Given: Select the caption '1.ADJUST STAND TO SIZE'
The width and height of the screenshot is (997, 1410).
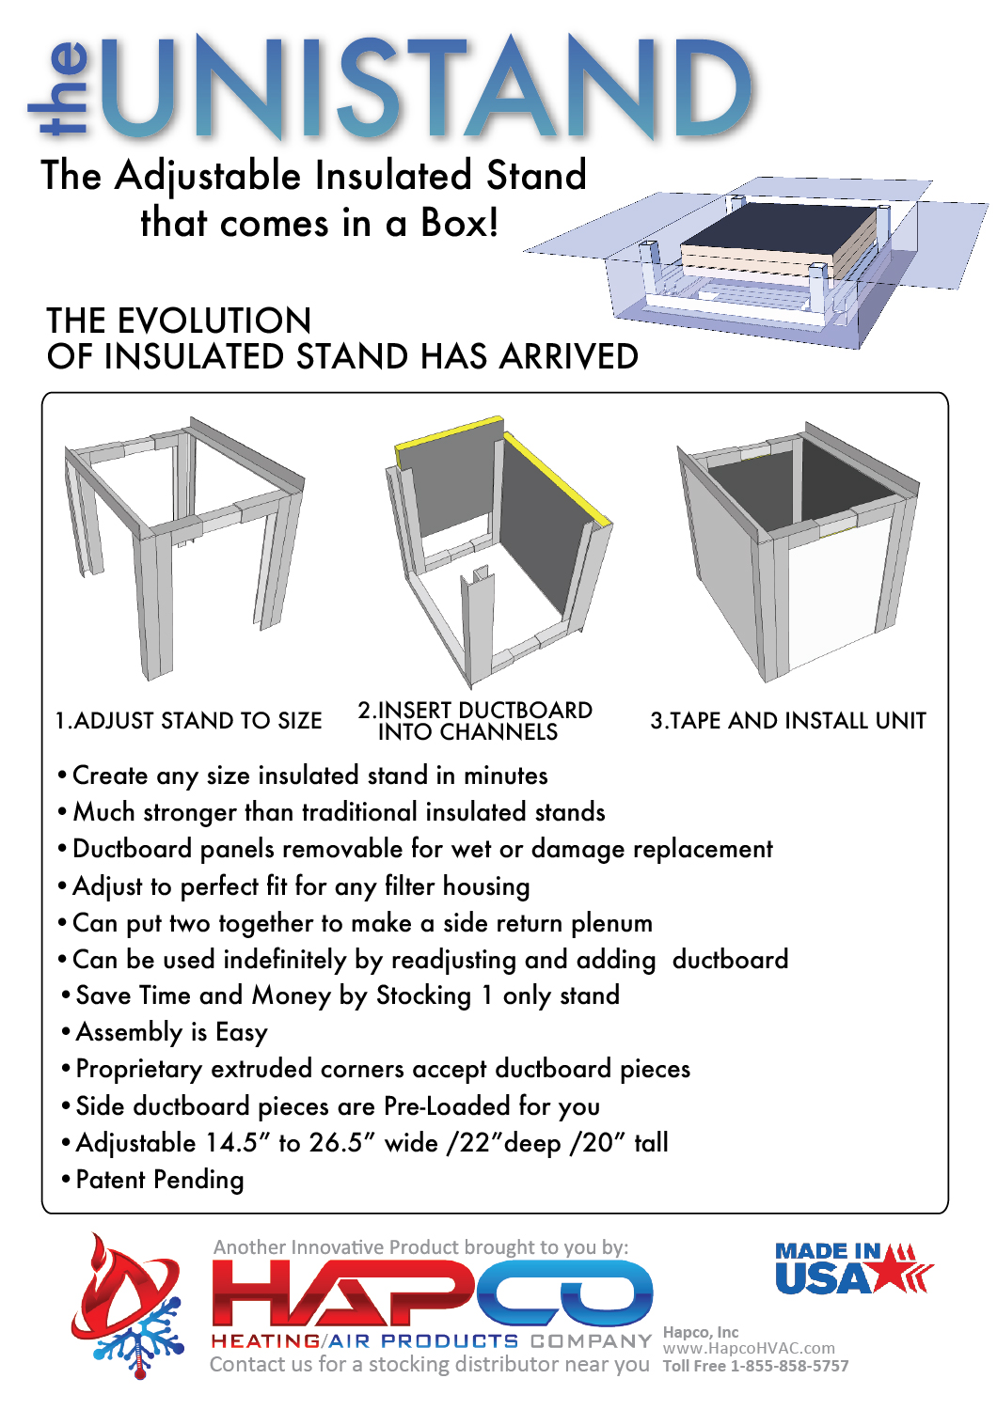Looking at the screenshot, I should point(188,721).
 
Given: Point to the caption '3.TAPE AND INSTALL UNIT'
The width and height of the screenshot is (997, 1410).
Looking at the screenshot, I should point(788,721).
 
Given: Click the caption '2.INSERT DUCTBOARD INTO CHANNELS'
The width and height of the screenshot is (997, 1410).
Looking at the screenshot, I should point(474,721).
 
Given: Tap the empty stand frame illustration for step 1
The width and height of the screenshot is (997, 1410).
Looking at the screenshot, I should point(183,545).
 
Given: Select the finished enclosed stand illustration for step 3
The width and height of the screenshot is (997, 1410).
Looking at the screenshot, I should point(799,550).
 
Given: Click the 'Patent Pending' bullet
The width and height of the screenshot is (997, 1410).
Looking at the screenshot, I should point(159,1180).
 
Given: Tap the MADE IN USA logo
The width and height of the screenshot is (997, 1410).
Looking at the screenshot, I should point(851,1269).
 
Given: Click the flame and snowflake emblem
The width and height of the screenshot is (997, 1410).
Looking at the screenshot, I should point(127,1307).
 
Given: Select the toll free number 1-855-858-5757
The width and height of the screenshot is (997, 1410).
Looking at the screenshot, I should point(789,1366).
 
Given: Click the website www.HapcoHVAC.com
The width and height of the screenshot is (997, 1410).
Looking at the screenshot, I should point(749,1348).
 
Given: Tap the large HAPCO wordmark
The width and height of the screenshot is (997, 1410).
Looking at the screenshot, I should point(433,1292).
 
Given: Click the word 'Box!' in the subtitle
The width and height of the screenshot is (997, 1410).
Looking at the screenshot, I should point(459,223).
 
